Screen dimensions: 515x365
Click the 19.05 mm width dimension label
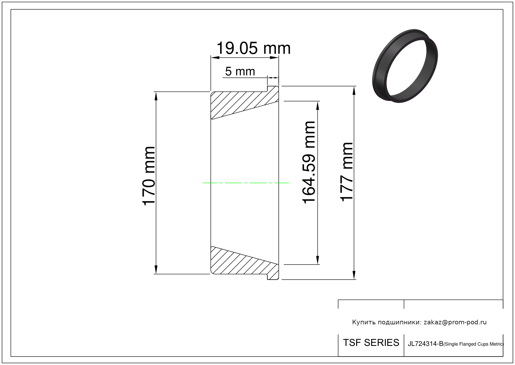(x=254, y=48)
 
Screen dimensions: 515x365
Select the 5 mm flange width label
(x=240, y=71)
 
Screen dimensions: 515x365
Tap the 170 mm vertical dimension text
(x=149, y=176)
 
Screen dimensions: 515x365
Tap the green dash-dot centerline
(x=245, y=183)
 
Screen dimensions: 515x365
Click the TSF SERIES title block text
(x=371, y=343)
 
